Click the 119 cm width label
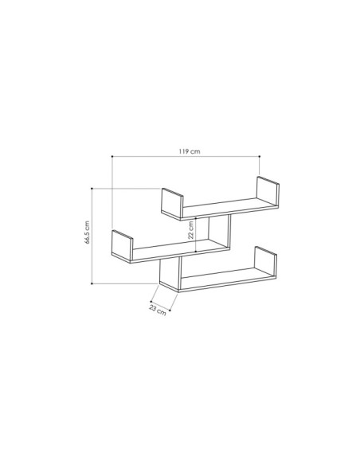(x=190, y=150)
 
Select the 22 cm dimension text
(x=191, y=230)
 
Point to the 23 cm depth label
(x=158, y=311)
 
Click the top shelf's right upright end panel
(x=267, y=193)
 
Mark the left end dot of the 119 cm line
(x=112, y=156)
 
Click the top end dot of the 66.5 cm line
(x=94, y=189)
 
